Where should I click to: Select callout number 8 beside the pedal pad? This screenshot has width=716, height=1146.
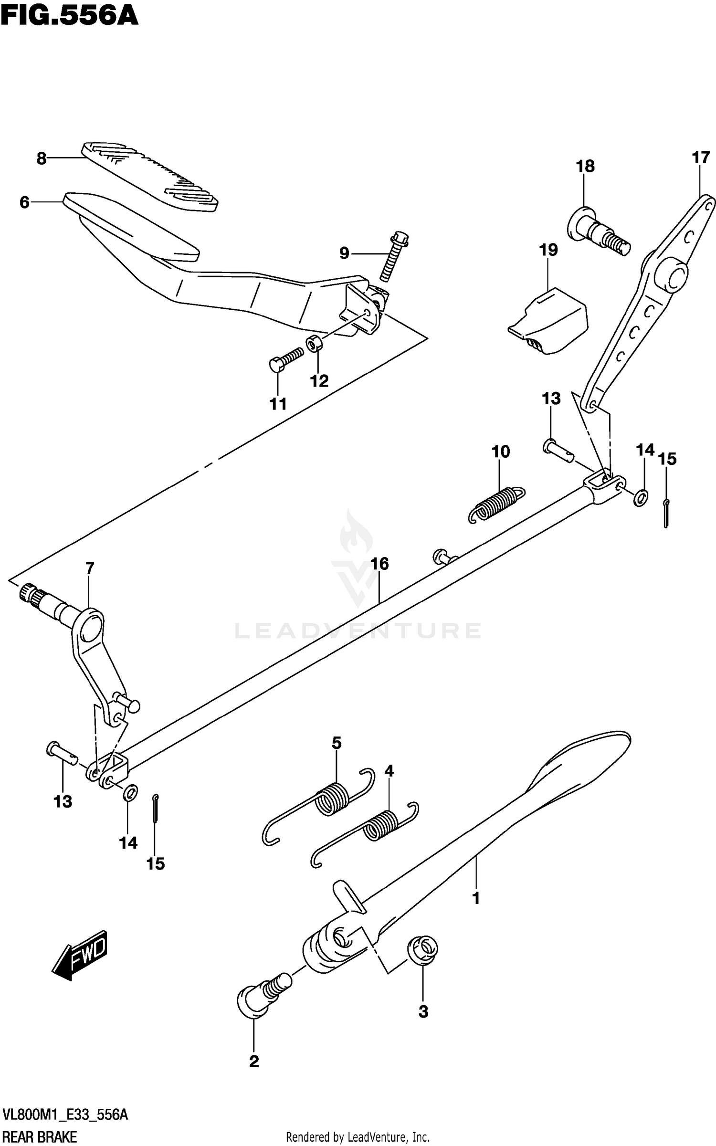42,158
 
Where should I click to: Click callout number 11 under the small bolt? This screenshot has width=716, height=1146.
278,404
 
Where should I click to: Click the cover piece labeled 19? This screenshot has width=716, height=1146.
549,321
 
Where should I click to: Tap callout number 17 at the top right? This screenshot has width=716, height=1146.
701,158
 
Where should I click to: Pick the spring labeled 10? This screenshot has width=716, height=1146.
496,504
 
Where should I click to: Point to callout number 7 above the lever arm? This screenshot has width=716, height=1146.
90,568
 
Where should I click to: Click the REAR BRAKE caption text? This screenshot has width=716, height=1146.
39,1137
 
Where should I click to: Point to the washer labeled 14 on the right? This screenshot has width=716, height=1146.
641,498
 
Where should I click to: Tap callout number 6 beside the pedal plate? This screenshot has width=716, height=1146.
24,202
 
